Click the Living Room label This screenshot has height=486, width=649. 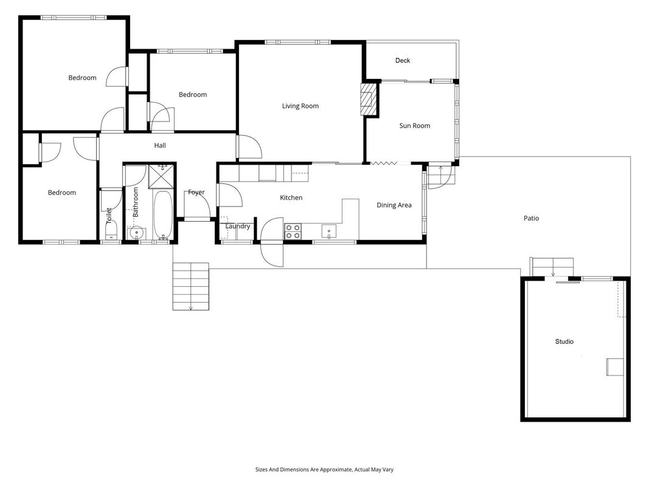click(300, 106)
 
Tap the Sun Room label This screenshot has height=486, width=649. click(415, 126)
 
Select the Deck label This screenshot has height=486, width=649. click(403, 60)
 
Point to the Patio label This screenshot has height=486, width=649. click(532, 218)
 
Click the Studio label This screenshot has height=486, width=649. click(564, 341)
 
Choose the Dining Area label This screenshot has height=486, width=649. click(394, 205)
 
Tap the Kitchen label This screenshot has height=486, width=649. click(291, 197)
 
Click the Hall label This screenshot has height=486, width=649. click(160, 145)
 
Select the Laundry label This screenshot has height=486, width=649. click(238, 227)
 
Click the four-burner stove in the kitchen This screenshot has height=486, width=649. click(293, 231)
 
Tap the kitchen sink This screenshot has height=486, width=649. click(329, 231)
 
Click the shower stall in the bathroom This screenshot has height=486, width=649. click(161, 176)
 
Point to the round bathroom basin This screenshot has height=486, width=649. click(136, 233)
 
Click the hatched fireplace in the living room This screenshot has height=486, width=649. click(368, 100)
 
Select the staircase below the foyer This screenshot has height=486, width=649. click(191, 286)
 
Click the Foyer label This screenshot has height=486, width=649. click(196, 192)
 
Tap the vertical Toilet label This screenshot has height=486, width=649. click(109, 216)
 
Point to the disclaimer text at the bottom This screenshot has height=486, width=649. click(324, 470)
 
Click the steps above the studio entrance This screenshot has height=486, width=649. click(552, 267)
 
